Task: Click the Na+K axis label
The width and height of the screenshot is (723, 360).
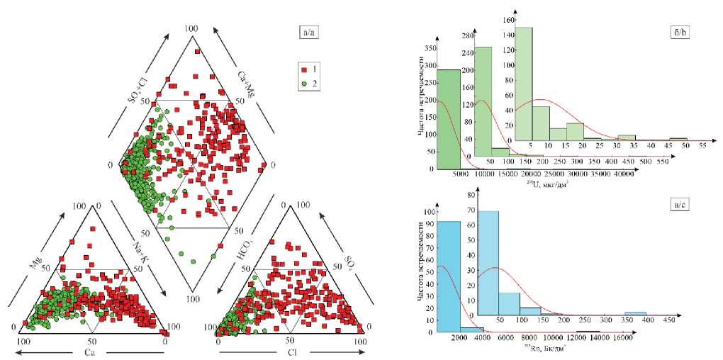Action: pyautogui.click(x=140, y=254)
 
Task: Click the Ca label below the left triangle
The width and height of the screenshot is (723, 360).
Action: pyautogui.click(x=90, y=351)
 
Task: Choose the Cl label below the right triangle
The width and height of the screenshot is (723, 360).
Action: pyautogui.click(x=291, y=352)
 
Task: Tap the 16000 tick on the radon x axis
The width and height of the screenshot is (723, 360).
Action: pyautogui.click(x=624, y=340)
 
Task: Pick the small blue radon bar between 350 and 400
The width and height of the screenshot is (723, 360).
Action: pyautogui.click(x=635, y=313)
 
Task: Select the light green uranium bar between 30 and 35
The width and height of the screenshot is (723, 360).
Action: pyautogui.click(x=626, y=137)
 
